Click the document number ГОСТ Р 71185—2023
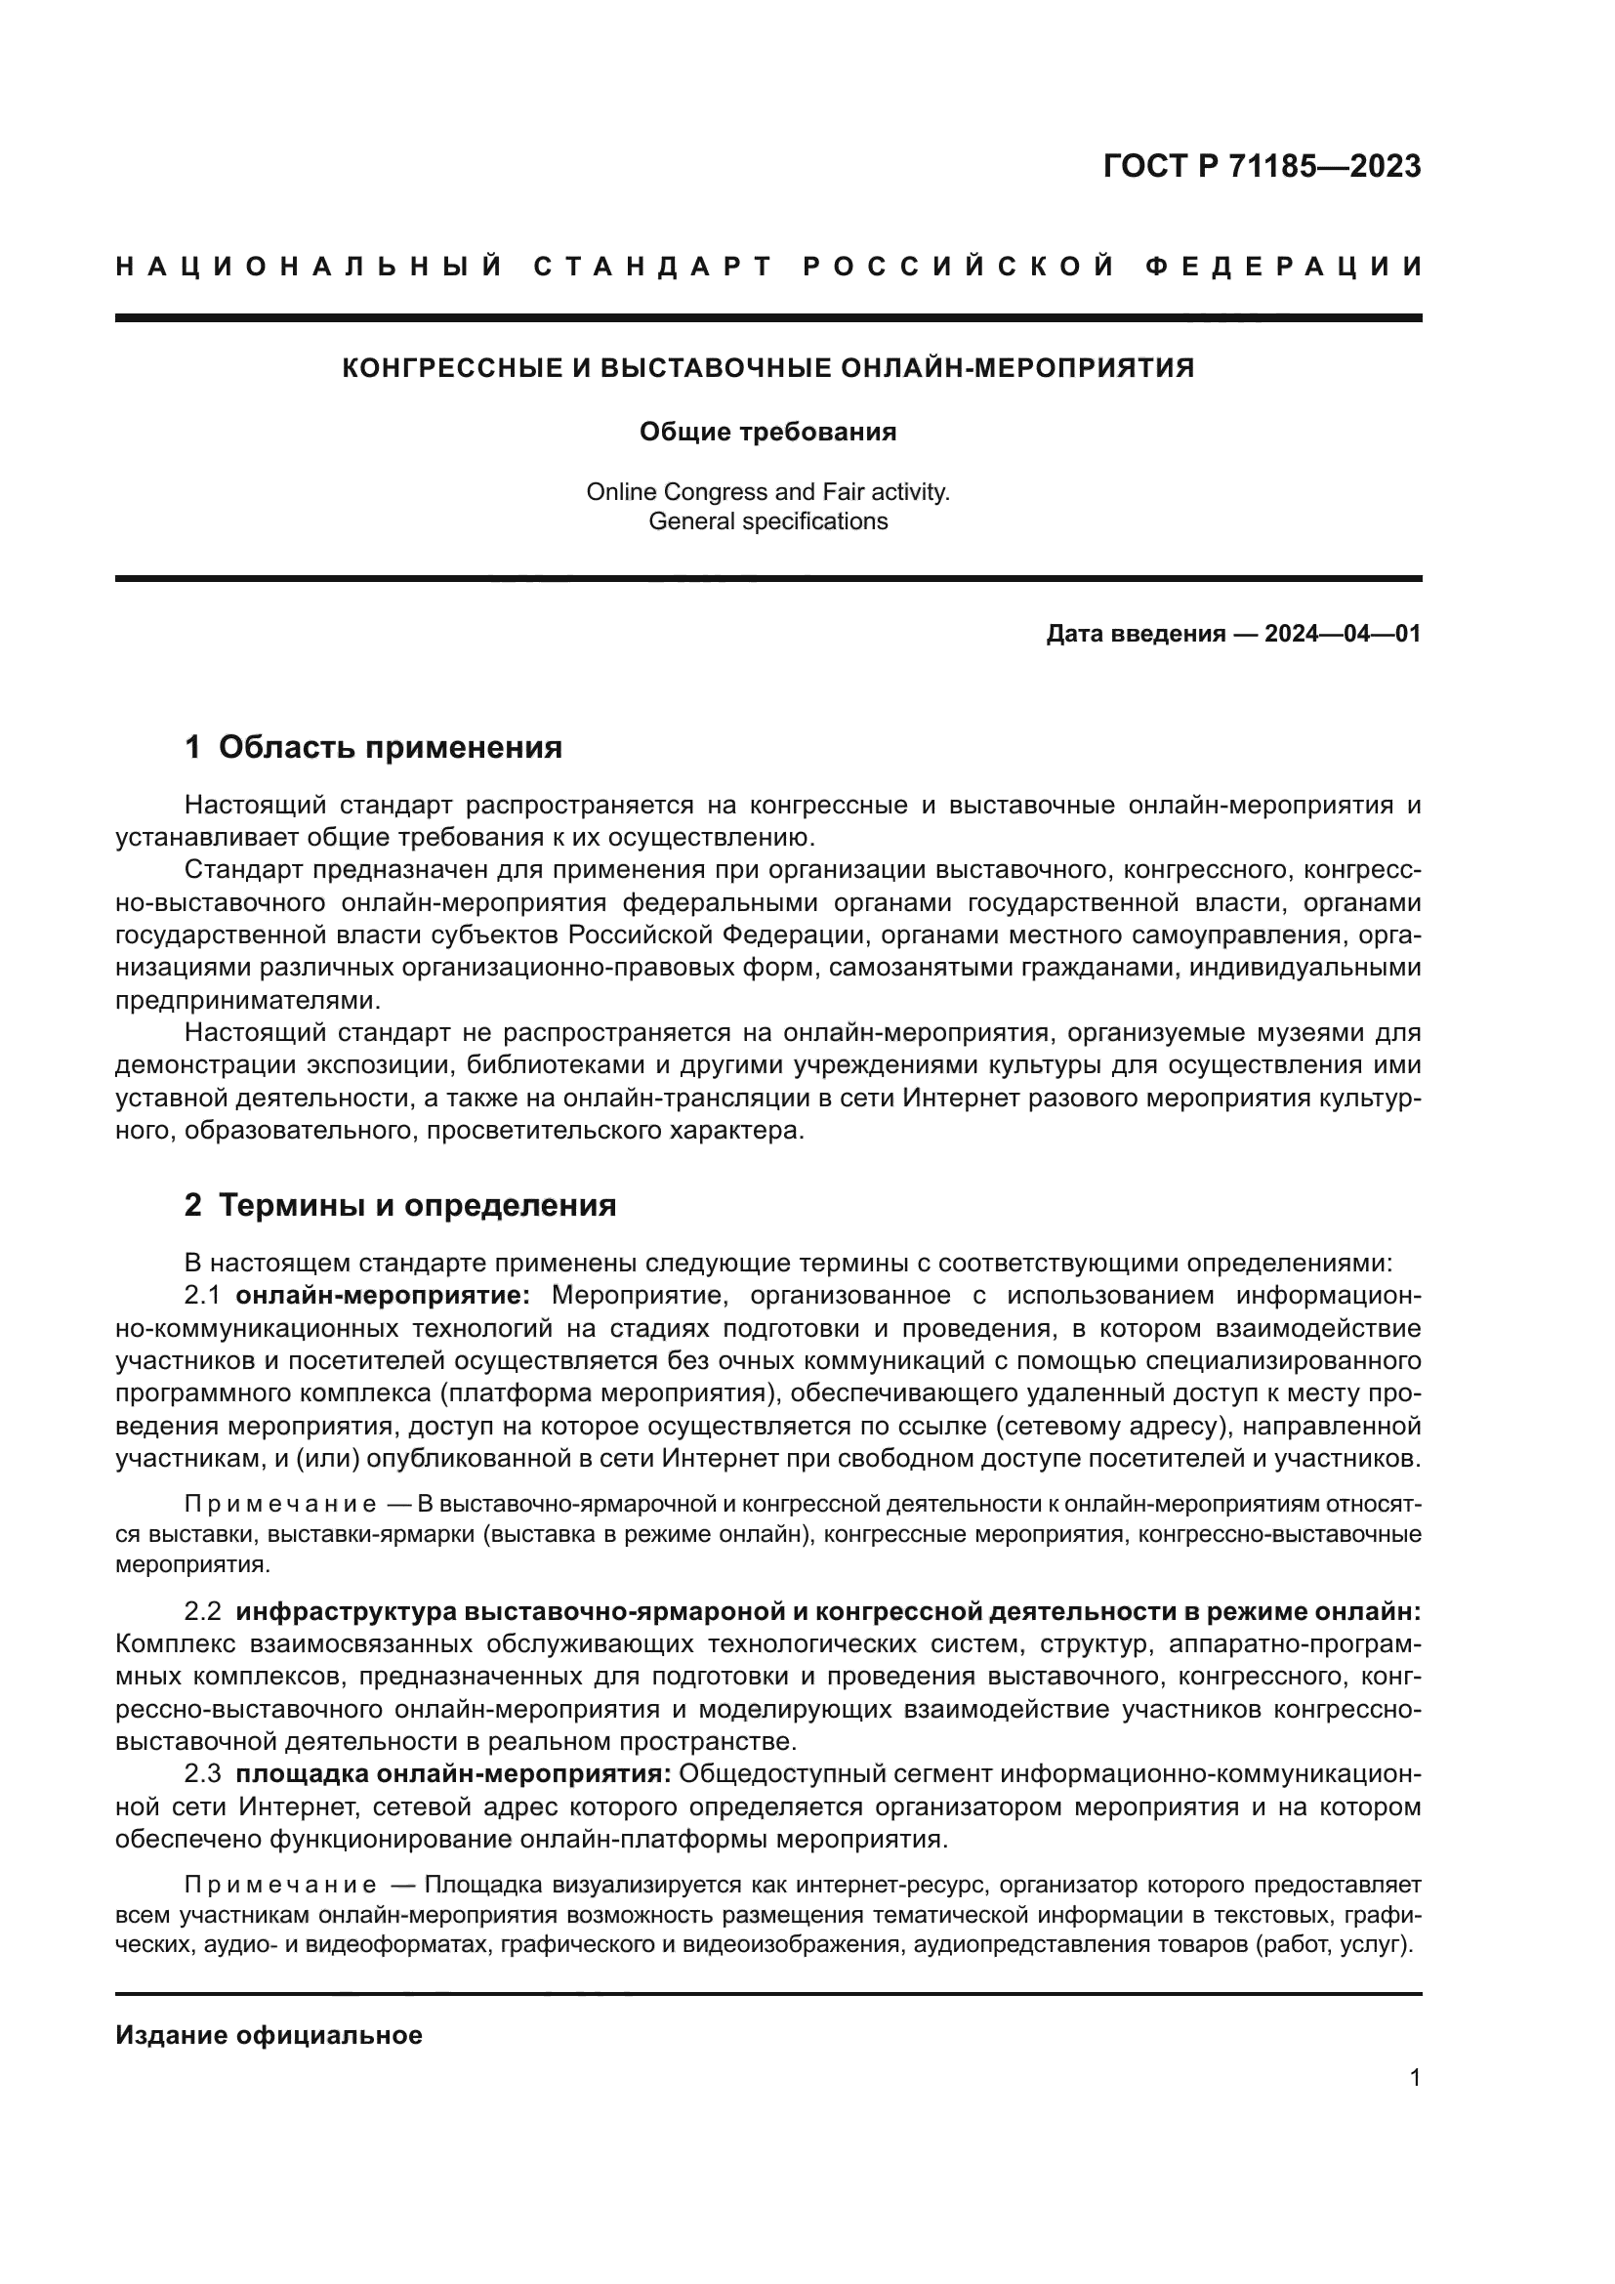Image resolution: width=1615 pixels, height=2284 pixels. coord(1261,166)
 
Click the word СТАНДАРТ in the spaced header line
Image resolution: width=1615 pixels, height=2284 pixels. coord(653,267)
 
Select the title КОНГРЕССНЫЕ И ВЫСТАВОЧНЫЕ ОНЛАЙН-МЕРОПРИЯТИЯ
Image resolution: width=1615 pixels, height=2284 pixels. coord(767,368)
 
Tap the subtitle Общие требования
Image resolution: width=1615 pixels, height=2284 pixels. coord(767,432)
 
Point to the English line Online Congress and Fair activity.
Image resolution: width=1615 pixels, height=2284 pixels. coord(767,491)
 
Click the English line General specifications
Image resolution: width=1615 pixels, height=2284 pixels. coord(767,521)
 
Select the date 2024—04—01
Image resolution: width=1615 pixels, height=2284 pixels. coord(1343,634)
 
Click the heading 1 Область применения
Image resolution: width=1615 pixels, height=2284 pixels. coord(374,746)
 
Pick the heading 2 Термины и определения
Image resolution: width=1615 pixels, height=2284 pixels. coord(400,1205)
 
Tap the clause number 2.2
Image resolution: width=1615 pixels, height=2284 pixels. coord(203,1611)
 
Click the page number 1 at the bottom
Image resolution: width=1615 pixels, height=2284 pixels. coord(1415,2077)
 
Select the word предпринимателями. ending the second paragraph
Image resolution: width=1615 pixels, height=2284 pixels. coord(249,1000)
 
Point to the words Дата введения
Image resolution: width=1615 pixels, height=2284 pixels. coord(1135,634)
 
